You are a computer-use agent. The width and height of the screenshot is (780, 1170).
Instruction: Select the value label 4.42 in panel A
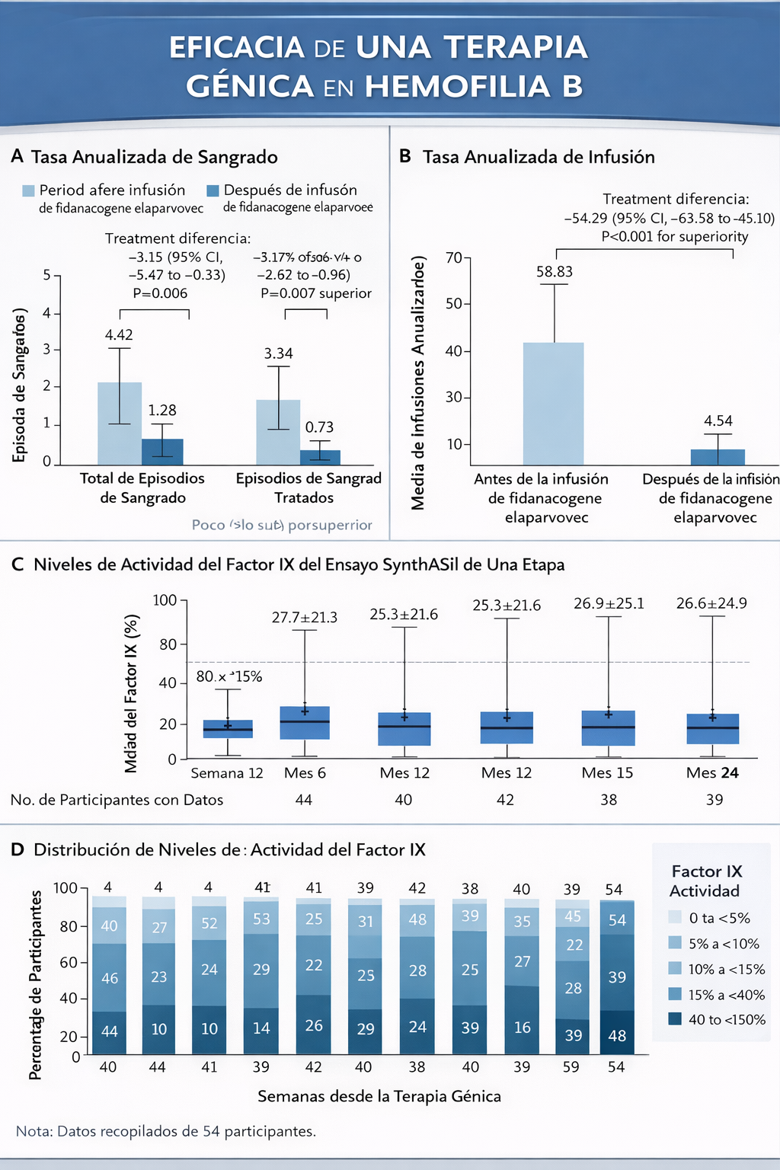(119, 335)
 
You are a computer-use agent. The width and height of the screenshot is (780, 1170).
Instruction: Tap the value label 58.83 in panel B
(555, 272)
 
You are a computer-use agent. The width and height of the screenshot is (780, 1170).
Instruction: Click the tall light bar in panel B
(553, 404)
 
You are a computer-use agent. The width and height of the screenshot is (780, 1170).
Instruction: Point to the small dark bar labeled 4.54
(718, 457)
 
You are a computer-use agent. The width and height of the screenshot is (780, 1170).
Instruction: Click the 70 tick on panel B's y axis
(454, 257)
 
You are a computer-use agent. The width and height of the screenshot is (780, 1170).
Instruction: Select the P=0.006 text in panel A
(160, 293)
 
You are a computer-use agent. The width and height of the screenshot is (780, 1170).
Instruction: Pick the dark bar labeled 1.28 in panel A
(162, 452)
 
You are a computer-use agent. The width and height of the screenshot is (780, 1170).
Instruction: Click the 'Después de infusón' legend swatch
(213, 190)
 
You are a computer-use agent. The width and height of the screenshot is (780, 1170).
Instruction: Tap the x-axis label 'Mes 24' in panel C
(712, 773)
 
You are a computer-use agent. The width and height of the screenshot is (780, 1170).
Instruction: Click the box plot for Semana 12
(228, 729)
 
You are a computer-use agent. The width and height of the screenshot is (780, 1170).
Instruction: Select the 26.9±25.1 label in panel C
(609, 603)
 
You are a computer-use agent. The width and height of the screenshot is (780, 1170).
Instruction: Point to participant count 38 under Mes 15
(609, 800)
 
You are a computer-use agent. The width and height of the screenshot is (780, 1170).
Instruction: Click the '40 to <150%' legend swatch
(675, 1019)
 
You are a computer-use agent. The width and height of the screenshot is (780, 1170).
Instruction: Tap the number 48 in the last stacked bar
(617, 1036)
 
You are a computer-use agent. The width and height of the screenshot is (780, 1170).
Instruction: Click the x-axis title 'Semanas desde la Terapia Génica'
(379, 1097)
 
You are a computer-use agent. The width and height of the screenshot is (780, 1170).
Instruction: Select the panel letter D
(18, 850)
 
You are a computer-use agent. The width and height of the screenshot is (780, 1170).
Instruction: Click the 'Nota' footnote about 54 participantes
(166, 1131)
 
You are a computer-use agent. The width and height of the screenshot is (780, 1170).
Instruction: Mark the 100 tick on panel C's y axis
(165, 600)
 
